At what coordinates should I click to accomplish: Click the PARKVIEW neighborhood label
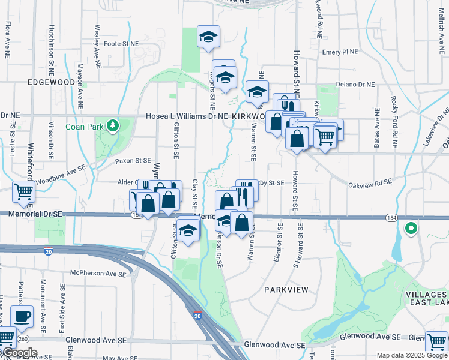click(x=286, y=290)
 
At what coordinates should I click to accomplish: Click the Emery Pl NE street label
click(x=340, y=52)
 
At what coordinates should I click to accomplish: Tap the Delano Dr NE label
click(x=355, y=85)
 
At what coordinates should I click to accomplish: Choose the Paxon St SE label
click(x=132, y=161)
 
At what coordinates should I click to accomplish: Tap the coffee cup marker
click(x=22, y=317)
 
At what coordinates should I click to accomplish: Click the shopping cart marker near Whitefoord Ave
click(x=24, y=192)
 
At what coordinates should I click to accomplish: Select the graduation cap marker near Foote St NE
click(x=208, y=37)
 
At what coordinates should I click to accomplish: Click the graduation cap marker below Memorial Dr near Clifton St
click(x=188, y=230)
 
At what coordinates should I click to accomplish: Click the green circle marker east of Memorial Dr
click(x=411, y=228)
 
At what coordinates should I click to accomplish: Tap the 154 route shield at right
click(x=391, y=217)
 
